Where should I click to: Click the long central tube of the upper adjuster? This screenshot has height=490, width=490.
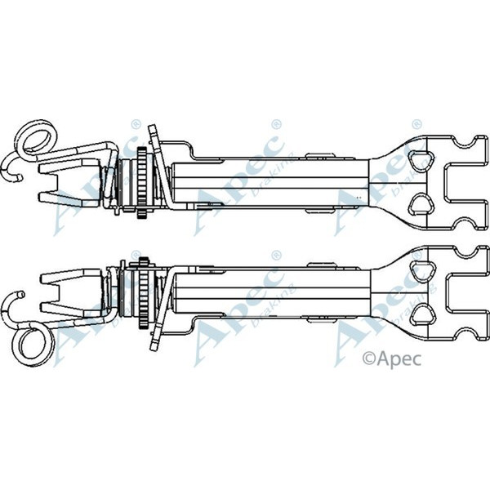[x=269, y=181]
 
